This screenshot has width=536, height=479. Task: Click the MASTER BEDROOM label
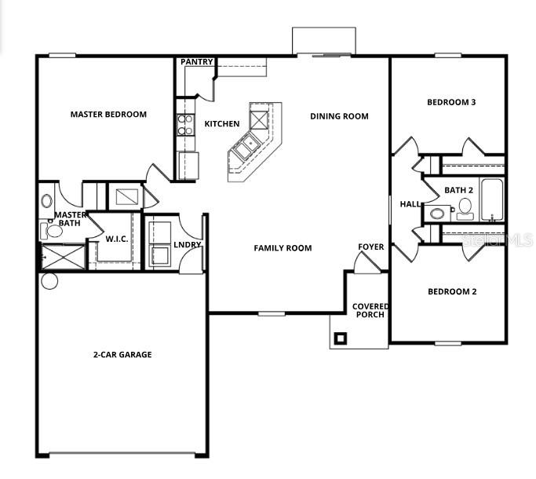(x=108, y=115)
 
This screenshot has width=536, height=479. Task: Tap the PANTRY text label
(x=197, y=62)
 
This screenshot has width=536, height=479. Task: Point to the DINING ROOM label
(x=339, y=116)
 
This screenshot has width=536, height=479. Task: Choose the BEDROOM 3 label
(x=451, y=102)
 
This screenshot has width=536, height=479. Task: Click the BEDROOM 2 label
(x=452, y=291)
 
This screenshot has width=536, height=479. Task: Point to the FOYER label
(x=371, y=247)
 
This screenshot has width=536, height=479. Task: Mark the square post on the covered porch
(x=340, y=338)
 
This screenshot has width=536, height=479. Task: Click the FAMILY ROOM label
(x=283, y=248)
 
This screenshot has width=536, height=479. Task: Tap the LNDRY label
(x=188, y=245)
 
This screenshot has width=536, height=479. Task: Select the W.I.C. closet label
(x=117, y=239)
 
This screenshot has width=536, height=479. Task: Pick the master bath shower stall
(x=60, y=255)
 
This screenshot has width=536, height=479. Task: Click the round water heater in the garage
(x=49, y=280)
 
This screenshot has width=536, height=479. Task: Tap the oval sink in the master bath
(x=46, y=201)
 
